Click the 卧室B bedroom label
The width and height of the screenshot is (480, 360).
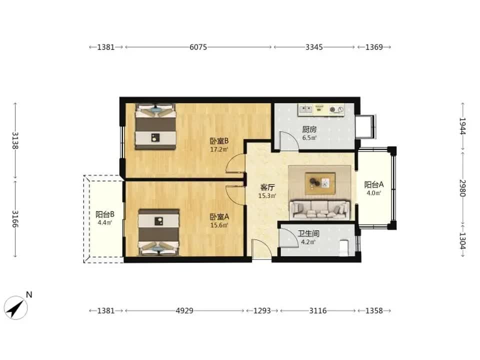[219, 141]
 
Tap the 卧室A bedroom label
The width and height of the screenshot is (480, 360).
[219, 217]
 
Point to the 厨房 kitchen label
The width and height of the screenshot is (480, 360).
[309, 129]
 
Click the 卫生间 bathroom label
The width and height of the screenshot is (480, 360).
[308, 234]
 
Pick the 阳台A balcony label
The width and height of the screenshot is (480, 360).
[374, 184]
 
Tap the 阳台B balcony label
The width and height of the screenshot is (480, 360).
[104, 214]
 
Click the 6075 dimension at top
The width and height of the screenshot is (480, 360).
[198, 47]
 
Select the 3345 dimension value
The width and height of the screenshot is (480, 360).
[314, 47]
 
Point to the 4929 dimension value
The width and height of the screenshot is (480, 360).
[184, 310]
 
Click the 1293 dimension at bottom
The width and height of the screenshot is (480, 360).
[262, 310]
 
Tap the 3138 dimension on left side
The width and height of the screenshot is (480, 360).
[15, 141]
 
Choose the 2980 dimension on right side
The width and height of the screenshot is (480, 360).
[462, 188]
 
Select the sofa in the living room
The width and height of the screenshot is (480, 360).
[319, 209]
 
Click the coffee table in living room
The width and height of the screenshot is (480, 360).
[320, 183]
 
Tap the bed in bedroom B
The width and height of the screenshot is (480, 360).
[155, 126]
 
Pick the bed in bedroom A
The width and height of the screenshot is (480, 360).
[158, 232]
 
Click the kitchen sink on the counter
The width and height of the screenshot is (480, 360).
[305, 109]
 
